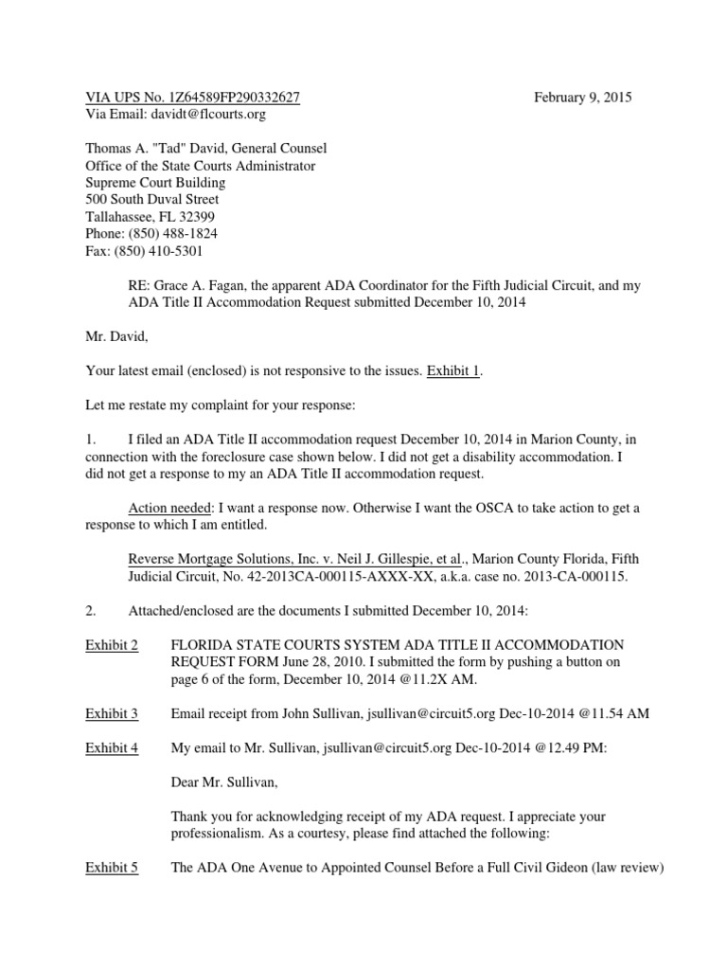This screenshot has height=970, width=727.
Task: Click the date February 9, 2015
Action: coord(583,98)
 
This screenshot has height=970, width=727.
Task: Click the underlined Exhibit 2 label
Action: coord(112,645)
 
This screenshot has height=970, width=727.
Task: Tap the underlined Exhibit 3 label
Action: coord(112,713)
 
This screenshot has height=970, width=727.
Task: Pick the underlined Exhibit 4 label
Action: coord(112,747)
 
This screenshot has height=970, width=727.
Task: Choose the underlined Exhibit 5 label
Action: coord(112,867)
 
